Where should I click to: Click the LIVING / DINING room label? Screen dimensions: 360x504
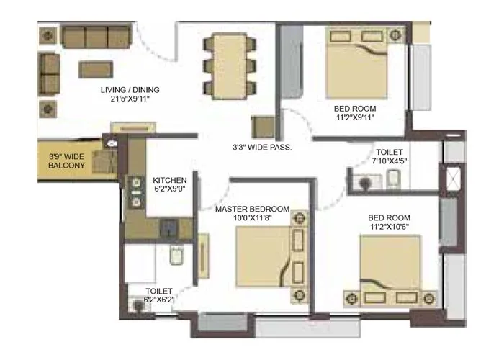click(130, 90)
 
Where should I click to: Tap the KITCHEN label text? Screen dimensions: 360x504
click(170, 180)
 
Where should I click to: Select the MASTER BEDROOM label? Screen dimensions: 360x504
click(253, 209)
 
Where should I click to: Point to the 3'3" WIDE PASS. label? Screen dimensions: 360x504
click(261, 147)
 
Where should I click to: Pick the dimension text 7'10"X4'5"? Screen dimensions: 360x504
click(389, 163)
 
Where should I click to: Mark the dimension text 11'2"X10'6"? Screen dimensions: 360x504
click(388, 227)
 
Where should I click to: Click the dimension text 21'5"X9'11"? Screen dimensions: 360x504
click(130, 99)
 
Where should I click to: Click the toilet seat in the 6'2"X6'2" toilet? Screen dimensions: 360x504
click(171, 257)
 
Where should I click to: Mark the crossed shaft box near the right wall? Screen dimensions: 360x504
click(454, 179)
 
